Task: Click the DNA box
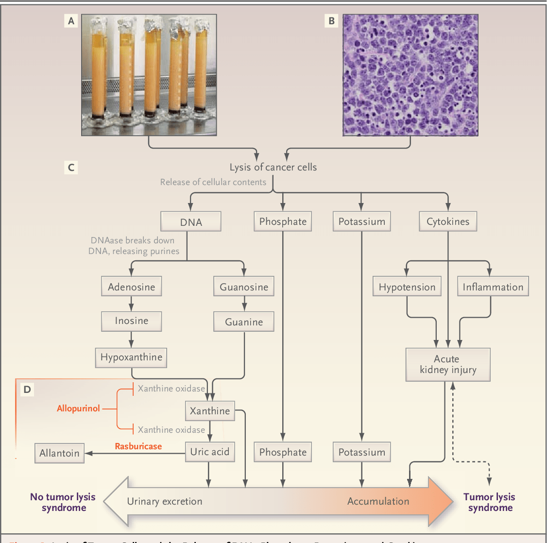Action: click(190, 222)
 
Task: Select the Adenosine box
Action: click(131, 287)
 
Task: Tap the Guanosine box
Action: click(244, 287)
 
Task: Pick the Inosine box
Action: click(131, 321)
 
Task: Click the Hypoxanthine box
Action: click(131, 357)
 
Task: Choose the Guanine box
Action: click(244, 322)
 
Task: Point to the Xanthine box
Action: click(210, 411)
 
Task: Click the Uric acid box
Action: click(210, 452)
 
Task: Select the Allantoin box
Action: click(59, 453)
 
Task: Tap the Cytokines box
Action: click(448, 221)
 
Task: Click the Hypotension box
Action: click(407, 287)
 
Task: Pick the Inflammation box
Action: click(493, 287)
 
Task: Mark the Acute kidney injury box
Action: click(448, 365)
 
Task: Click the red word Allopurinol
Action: click(78, 408)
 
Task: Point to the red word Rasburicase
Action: click(138, 446)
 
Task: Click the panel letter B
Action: click(331, 21)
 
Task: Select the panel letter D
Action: click(27, 390)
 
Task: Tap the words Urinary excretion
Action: click(165, 502)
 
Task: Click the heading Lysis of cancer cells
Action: click(273, 167)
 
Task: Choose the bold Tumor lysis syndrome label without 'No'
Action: click(489, 502)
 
